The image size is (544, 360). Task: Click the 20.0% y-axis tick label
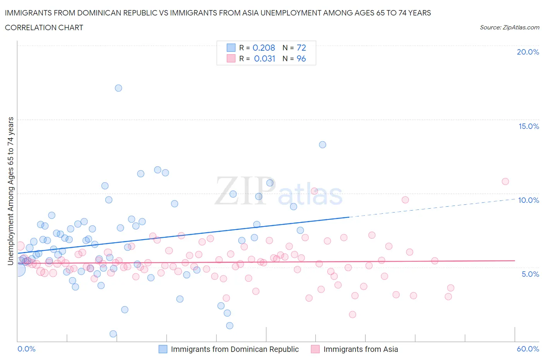(x=528, y=52)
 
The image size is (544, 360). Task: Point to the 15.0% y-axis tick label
(x=529, y=126)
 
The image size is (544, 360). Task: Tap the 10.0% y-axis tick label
(x=529, y=200)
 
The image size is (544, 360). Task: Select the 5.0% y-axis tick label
(x=530, y=274)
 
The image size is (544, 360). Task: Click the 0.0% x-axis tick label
(x=26, y=349)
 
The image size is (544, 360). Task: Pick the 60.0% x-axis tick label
(x=528, y=349)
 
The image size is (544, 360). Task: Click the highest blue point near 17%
(x=118, y=88)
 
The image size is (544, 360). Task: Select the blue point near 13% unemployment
(x=322, y=145)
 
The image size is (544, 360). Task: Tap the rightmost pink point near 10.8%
(x=505, y=182)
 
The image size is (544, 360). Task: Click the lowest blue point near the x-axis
(x=113, y=334)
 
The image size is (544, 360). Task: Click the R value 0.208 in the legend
(x=263, y=48)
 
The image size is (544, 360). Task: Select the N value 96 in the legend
(x=301, y=58)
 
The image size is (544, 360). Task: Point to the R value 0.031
(x=265, y=58)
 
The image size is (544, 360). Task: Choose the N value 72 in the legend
(x=301, y=48)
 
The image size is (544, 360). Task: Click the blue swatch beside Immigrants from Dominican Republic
(x=163, y=349)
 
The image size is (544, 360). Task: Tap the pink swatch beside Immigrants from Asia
(x=315, y=349)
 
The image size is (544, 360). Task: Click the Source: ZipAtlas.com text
(x=509, y=27)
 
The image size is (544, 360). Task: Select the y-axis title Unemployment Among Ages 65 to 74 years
(x=10, y=191)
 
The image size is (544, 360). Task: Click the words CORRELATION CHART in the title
(x=44, y=27)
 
